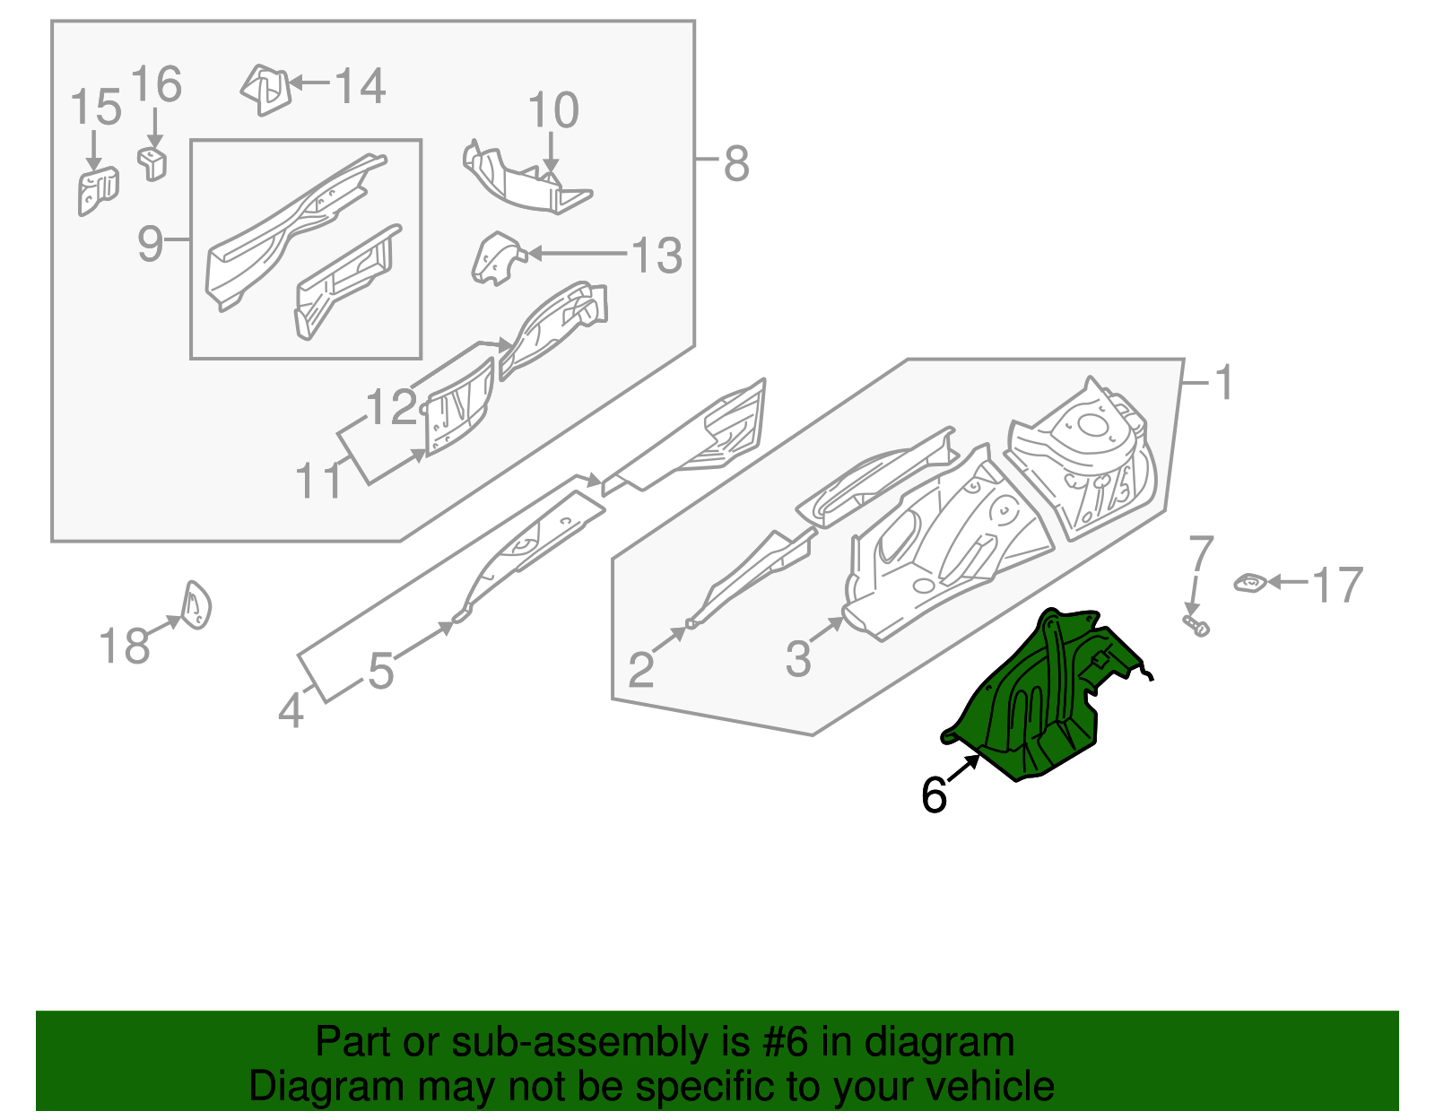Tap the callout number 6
(934, 794)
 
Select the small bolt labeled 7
(1196, 625)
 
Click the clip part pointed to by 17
(1249, 584)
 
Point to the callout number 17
(1337, 586)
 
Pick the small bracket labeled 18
(196, 605)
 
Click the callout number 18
(124, 647)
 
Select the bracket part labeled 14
(266, 89)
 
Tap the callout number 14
(360, 87)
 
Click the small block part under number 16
(153, 163)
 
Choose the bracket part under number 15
(97, 190)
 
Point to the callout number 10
(552, 111)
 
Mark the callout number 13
(657, 256)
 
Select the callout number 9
(151, 243)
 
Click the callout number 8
(735, 164)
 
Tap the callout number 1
(1223, 383)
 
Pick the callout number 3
(797, 659)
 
